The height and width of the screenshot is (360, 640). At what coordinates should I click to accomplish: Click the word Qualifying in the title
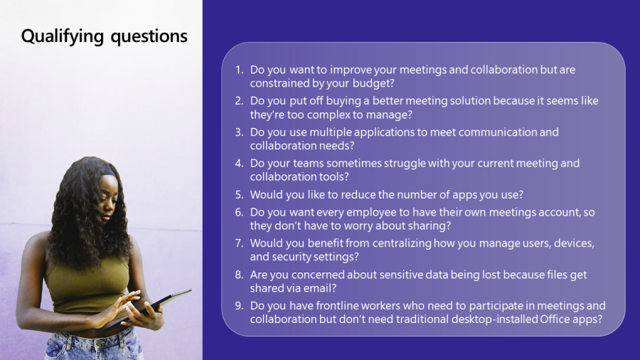(x=63, y=36)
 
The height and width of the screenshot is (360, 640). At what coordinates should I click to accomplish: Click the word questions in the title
(x=149, y=37)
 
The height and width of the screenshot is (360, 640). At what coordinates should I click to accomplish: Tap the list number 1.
(x=239, y=70)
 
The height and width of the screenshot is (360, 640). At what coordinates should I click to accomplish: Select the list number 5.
(x=239, y=195)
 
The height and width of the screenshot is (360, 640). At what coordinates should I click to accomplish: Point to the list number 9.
(x=239, y=306)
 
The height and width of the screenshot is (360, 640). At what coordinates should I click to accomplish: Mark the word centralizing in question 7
(x=402, y=243)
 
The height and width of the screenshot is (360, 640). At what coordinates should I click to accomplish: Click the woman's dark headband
(x=109, y=170)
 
